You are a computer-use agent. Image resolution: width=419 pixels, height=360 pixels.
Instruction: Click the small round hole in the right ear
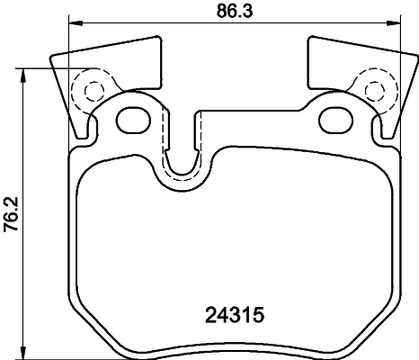pyautogui.click(x=373, y=89)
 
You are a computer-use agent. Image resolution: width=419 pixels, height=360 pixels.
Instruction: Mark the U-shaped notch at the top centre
pyautogui.click(x=184, y=162)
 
